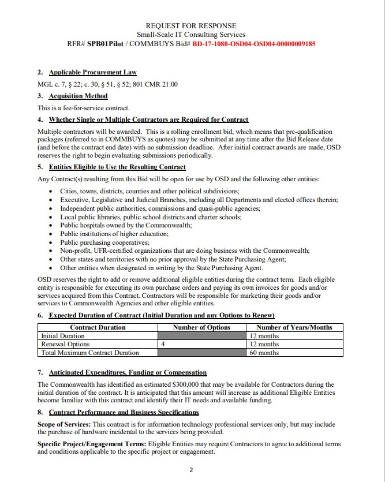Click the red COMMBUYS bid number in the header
[253, 44]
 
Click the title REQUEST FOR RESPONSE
[190, 26]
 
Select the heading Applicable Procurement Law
[92, 73]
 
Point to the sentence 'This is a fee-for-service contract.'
[84, 108]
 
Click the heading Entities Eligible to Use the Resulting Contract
[117, 167]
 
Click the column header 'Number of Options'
[201, 327]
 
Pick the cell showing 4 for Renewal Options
[163, 344]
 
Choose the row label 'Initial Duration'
[63, 336]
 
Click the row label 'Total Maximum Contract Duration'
[90, 353]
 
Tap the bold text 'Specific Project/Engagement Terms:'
[92, 444]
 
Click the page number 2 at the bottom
[192, 470]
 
